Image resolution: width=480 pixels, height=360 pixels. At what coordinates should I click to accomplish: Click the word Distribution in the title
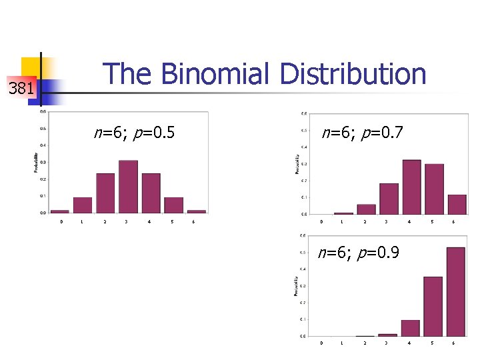tap(353, 74)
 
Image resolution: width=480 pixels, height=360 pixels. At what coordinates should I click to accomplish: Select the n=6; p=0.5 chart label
tap(134, 133)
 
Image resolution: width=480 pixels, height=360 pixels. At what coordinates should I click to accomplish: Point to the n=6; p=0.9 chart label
tap(359, 253)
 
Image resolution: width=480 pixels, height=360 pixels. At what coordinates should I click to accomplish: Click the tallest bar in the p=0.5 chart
tap(128, 187)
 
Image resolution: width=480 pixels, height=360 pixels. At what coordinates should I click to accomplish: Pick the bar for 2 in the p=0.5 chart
tap(105, 193)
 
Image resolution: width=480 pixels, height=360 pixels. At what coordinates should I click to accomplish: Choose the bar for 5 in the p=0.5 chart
tap(173, 205)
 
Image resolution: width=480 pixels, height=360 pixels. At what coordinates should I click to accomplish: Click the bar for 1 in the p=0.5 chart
tap(83, 205)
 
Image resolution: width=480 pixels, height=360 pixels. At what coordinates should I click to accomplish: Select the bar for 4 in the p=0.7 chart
tap(411, 187)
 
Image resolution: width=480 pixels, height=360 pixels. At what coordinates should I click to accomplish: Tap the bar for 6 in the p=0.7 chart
tap(457, 204)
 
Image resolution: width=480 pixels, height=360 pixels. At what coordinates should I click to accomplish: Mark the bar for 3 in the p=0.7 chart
tap(389, 198)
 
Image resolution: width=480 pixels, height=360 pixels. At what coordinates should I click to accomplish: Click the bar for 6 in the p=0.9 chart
tap(456, 291)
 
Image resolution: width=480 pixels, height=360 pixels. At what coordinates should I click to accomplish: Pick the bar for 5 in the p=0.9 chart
tap(433, 306)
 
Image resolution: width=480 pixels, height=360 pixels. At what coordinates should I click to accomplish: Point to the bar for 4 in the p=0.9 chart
tap(411, 327)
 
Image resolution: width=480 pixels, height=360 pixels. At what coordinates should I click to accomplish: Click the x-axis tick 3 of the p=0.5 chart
tap(127, 221)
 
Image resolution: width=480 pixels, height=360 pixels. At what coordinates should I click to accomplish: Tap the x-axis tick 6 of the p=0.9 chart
tap(453, 343)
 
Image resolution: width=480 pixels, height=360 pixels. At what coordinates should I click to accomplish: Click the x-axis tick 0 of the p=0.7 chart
tap(321, 222)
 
